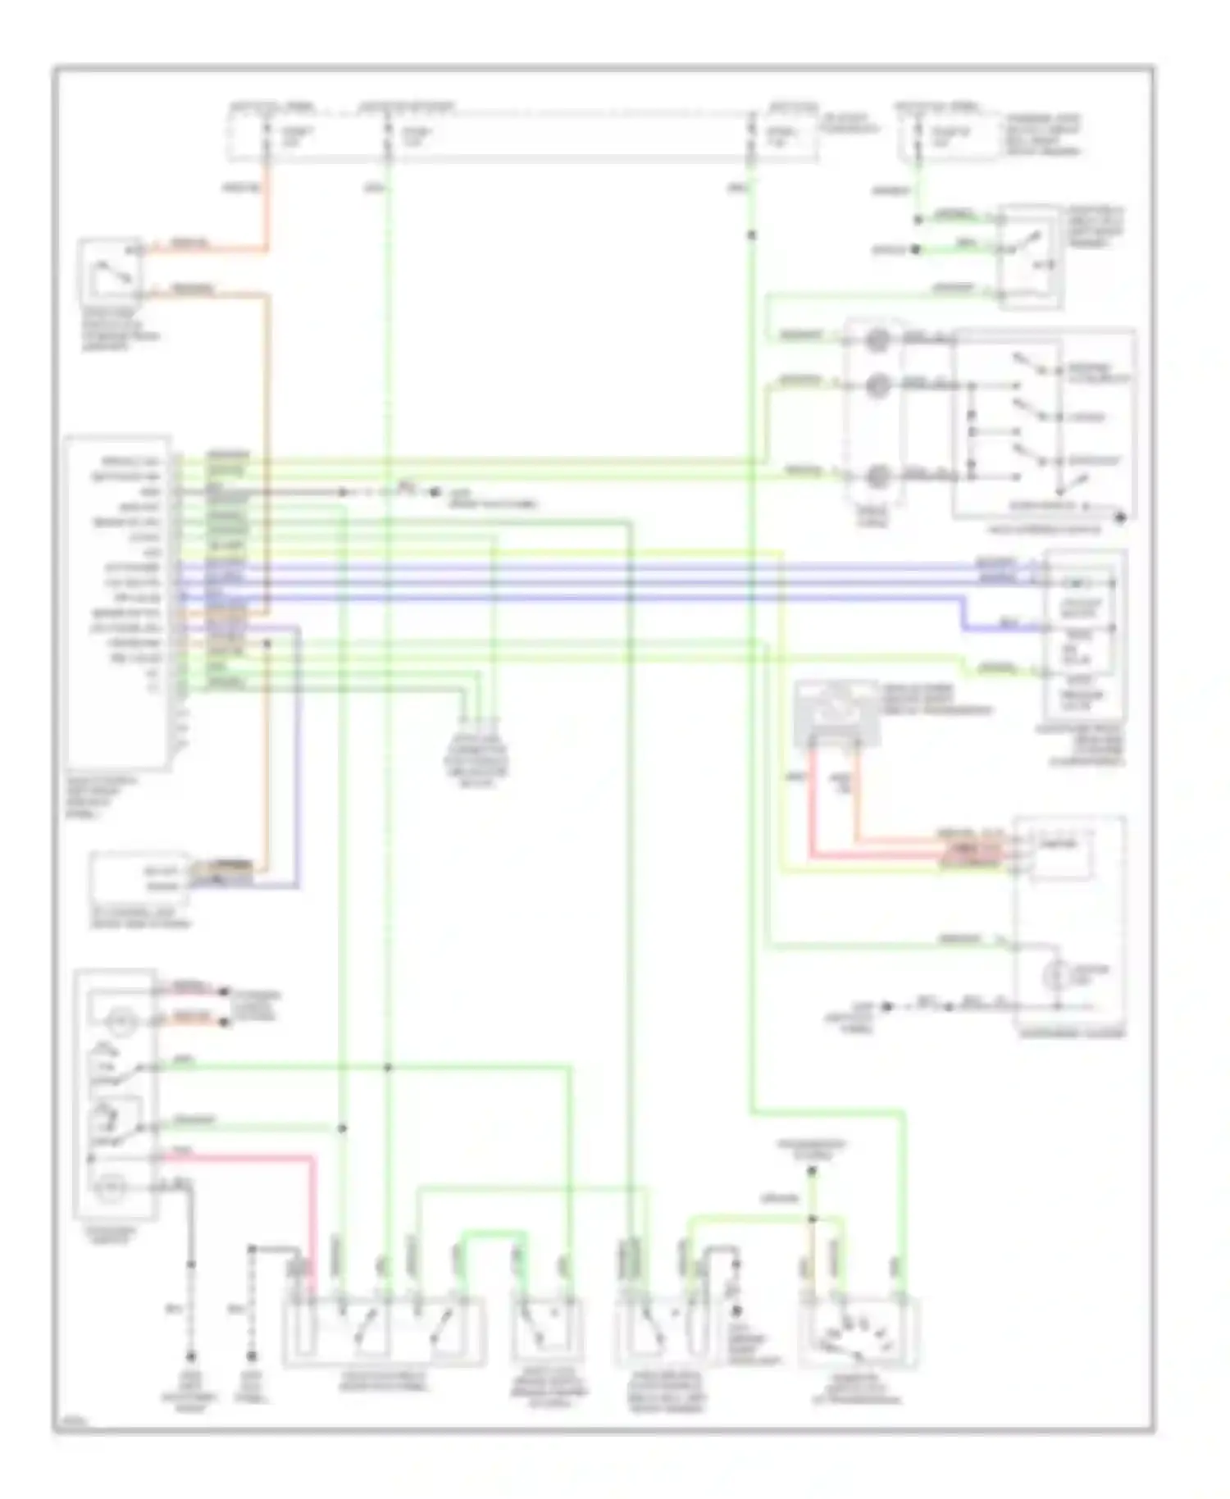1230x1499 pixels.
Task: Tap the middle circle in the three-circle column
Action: tap(877, 385)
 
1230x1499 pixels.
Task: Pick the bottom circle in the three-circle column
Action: tap(877, 476)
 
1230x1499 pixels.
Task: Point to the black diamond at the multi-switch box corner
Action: tap(1121, 517)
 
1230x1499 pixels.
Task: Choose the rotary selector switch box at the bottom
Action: tap(859, 1333)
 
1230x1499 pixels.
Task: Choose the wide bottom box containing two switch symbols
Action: tap(384, 1333)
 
